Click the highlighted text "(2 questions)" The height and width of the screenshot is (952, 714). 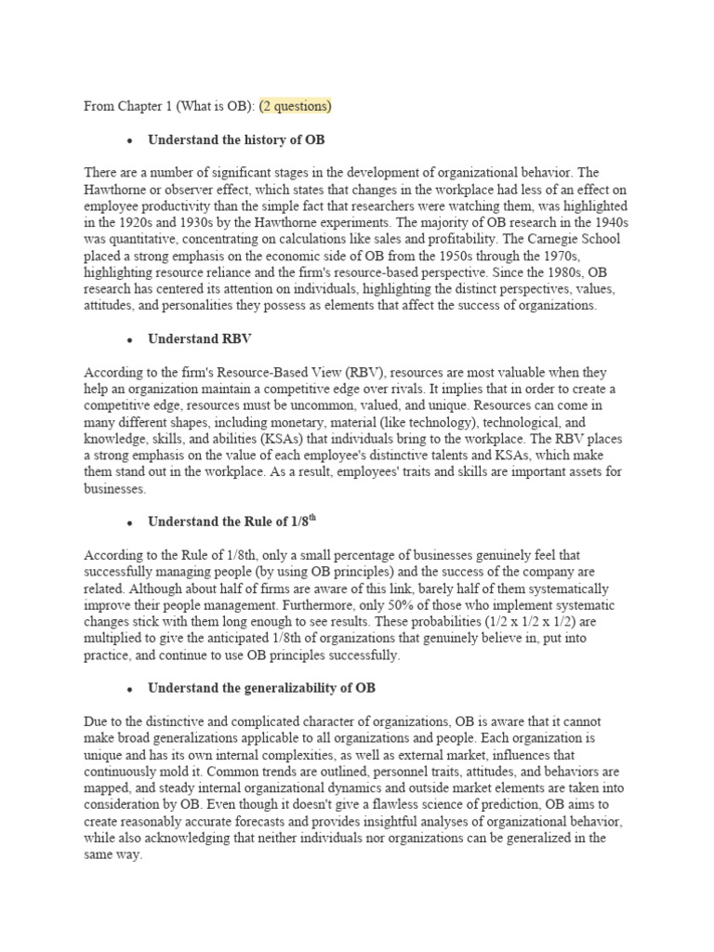pos(295,106)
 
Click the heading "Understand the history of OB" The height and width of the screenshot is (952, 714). pos(236,140)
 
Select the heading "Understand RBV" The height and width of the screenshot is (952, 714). pos(192,338)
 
